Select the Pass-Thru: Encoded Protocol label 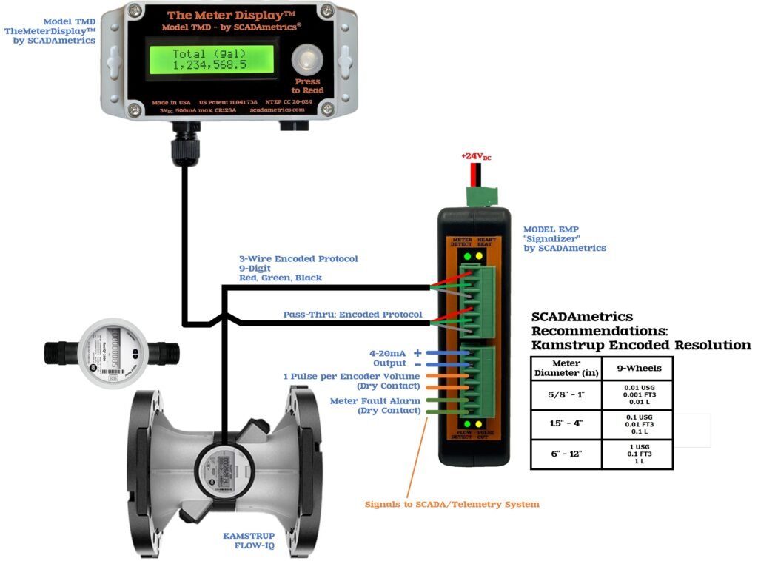tap(352, 315)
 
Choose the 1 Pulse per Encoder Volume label tap(352, 380)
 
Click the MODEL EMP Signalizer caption tap(564, 238)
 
